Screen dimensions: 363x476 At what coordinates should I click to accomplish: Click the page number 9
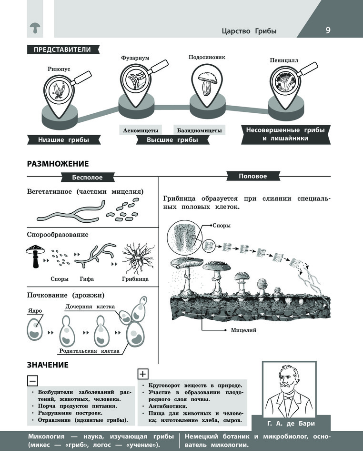coord(328,30)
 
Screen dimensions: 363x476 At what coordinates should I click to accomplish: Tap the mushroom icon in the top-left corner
coord(35,28)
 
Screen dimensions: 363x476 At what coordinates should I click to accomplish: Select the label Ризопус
coord(59,69)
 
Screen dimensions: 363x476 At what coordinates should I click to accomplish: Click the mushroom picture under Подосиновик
coord(208,83)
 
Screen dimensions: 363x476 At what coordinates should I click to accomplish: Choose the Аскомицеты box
coord(141,130)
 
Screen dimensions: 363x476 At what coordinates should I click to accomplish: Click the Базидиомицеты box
coord(200,130)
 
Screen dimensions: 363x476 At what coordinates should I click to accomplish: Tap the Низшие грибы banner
coord(63,140)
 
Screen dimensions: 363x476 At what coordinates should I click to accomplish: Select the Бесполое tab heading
coord(88,177)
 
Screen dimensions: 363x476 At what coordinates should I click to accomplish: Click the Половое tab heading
coord(253,176)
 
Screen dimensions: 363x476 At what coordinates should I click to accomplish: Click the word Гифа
coord(87,278)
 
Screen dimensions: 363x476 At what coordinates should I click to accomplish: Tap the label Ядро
coord(35,310)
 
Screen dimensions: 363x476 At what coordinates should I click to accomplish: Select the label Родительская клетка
coord(89,351)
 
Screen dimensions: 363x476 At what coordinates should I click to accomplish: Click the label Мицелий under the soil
coord(243,330)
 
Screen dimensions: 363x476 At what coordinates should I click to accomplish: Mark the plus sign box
coord(143,374)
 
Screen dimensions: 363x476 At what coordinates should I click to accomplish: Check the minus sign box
coord(32,381)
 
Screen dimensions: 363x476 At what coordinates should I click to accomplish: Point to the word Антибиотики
coord(168,406)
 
